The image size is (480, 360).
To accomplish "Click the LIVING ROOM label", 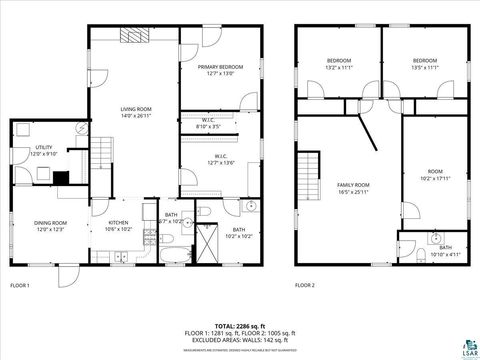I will (136, 109).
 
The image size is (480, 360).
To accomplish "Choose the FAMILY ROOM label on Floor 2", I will (353, 185).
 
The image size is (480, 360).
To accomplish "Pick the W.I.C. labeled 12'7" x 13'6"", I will (219, 162).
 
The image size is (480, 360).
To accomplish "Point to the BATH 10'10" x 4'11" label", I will (444, 251).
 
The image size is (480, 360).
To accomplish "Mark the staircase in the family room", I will (313, 175).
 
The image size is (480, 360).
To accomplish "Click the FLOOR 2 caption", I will (305, 285).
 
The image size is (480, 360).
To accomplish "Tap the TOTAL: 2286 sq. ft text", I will (239, 326).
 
